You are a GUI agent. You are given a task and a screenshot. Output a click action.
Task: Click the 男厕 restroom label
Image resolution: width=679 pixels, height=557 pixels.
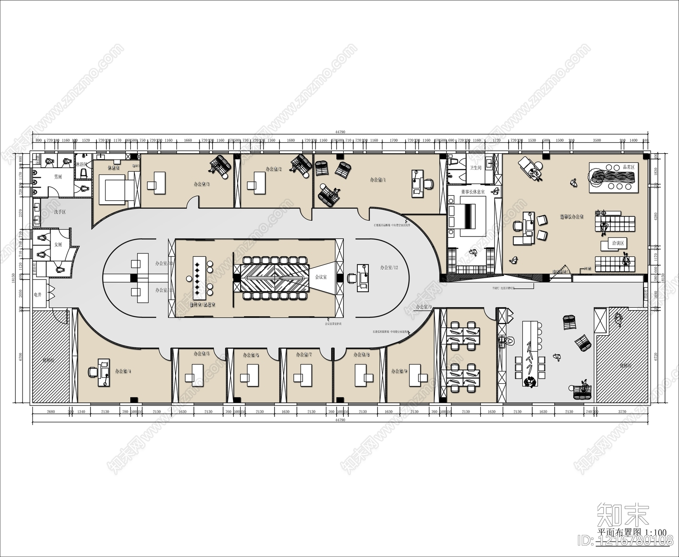click(58, 177)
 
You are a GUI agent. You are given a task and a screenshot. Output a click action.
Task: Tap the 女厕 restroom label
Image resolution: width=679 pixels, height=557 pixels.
click(58, 245)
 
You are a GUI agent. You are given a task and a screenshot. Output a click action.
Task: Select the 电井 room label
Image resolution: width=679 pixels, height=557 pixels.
click(38, 294)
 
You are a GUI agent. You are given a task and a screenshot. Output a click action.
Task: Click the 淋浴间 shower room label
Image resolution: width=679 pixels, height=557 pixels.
click(81, 164)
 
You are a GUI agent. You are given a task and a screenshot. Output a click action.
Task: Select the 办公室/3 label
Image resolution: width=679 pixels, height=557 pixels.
click(202, 184)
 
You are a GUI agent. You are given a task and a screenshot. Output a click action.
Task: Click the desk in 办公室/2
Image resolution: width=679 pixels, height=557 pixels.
click(257, 183)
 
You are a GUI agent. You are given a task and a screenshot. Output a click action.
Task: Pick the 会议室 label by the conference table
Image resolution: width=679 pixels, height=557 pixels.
click(321, 277)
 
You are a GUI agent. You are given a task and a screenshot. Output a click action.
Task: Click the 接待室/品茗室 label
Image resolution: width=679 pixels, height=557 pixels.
click(202, 304)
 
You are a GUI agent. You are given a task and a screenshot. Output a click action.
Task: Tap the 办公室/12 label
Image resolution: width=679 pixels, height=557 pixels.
click(389, 267)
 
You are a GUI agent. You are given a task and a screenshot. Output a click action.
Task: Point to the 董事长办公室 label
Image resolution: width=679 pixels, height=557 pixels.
click(572, 217)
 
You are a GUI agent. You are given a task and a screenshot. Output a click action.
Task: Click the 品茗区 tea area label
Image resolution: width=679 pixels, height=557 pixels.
click(628, 167)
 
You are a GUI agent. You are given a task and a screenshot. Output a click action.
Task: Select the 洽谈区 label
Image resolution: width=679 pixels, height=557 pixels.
click(617, 244)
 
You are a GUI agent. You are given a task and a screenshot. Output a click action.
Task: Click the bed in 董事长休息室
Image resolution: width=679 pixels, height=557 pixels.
click(468, 217)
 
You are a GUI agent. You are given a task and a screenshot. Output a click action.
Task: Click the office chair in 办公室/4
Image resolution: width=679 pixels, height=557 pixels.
click(92, 372)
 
